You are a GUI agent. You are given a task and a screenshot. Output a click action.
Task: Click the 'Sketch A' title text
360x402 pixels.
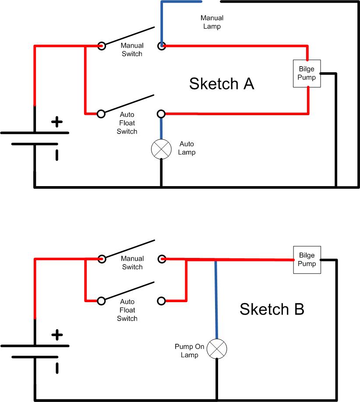222,84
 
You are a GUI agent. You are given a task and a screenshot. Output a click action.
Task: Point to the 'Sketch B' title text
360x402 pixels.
272,309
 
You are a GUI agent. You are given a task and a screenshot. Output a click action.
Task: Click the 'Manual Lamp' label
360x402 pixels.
212,22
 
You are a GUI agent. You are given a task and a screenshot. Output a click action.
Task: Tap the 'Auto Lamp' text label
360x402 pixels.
187,148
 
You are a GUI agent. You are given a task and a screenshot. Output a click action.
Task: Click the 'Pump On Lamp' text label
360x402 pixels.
189,350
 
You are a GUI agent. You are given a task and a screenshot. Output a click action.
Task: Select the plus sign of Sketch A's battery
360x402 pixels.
57,122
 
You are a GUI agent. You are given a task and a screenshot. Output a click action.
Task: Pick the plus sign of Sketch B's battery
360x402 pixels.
57,335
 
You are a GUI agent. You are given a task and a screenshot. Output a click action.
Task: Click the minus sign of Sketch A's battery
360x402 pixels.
57,155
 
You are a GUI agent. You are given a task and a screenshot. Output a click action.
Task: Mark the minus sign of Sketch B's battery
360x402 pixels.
57,368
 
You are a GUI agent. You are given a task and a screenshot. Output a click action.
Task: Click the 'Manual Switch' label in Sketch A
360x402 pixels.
132,49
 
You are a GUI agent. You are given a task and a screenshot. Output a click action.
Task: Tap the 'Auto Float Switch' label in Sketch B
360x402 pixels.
127,310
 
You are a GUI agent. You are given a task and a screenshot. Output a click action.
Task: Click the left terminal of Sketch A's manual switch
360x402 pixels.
102,46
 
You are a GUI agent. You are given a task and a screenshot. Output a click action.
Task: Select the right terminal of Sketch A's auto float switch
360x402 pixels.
161,113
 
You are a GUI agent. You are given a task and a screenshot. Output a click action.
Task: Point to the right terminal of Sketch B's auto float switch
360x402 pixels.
161,301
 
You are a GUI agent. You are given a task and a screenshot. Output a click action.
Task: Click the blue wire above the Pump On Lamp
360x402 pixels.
216,300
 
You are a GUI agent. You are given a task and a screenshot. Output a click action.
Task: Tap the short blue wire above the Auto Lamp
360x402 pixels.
161,128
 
